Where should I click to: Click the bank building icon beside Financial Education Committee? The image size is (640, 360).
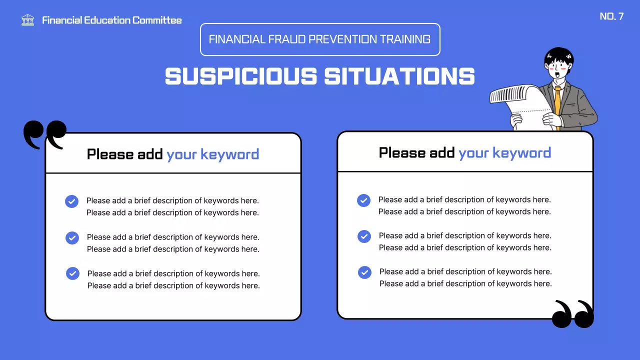28,20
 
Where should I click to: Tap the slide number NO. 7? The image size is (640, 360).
611,16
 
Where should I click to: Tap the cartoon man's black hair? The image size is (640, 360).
559,54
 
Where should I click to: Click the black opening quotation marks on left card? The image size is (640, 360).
44,134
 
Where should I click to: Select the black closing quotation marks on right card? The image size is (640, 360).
573,314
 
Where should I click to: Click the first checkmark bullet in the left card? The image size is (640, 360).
72,201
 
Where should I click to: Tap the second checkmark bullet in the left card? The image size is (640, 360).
72,237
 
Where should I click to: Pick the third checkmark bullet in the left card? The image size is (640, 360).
73,273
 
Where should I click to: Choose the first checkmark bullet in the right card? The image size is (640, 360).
363,200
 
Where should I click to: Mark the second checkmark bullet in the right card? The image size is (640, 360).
364,236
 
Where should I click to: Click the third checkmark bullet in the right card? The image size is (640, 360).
364,272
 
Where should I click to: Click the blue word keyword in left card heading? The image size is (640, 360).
230,154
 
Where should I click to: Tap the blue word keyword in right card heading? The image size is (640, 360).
522,153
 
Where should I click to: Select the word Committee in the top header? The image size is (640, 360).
157,20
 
